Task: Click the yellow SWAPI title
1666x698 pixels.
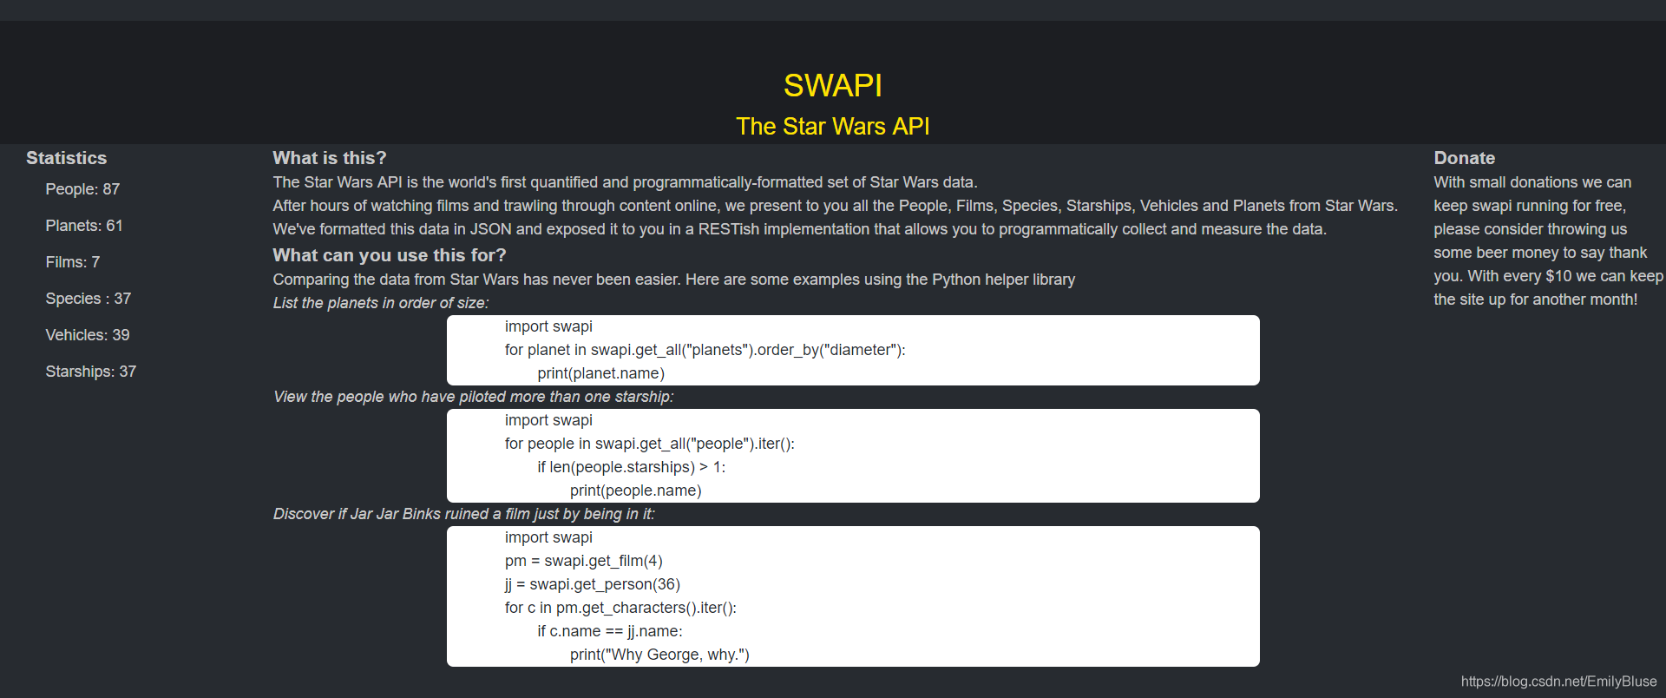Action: pos(832,85)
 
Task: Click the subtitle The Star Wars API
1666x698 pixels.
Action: pos(832,127)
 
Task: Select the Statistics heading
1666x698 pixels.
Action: pos(66,158)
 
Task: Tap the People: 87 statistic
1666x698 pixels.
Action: pos(82,189)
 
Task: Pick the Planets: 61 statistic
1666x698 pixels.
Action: pos(84,226)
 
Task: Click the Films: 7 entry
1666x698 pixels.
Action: pos(73,262)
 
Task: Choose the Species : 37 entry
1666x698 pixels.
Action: pos(89,299)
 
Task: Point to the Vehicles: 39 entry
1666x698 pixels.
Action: pos(88,335)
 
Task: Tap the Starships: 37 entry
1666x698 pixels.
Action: pos(91,372)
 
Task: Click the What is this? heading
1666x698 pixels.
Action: pos(330,158)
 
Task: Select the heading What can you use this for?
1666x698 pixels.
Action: pos(390,255)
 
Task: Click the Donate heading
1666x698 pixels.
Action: pos(1464,158)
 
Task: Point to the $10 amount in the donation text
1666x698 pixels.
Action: pos(1558,276)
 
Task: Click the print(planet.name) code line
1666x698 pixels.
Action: pos(600,373)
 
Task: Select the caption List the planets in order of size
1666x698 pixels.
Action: pos(381,303)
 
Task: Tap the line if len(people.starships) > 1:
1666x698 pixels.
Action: pos(631,467)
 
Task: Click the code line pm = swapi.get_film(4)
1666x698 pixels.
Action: pos(583,561)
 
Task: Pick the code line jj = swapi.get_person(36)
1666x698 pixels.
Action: pos(592,584)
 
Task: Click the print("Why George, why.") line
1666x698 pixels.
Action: pos(659,655)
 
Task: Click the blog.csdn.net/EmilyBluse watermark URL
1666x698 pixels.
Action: pos(1558,682)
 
